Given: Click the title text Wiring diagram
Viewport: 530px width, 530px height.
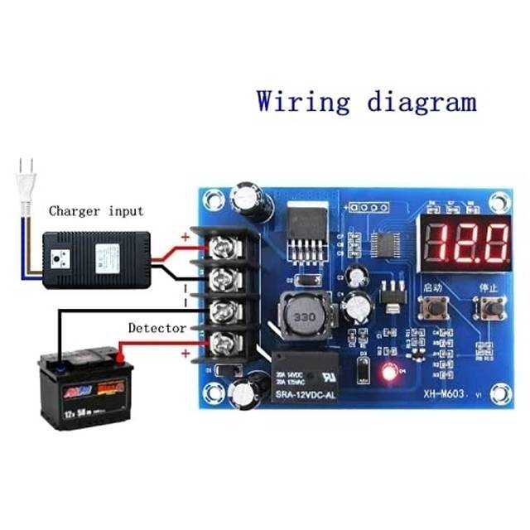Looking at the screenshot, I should (366, 102).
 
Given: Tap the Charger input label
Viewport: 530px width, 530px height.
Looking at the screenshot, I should (96, 211).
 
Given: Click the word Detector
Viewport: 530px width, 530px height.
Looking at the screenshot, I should (157, 328).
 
